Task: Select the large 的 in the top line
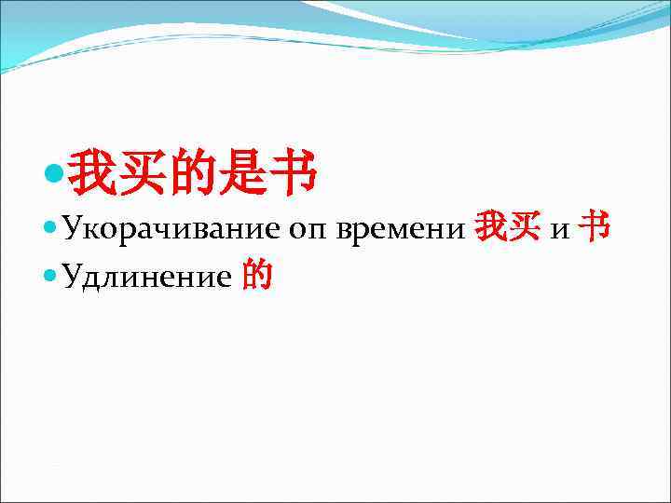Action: (x=194, y=173)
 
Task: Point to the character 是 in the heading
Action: (x=242, y=173)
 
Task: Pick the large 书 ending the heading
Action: (x=292, y=173)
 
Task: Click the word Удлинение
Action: (x=148, y=277)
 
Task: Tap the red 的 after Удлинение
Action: (x=257, y=275)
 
